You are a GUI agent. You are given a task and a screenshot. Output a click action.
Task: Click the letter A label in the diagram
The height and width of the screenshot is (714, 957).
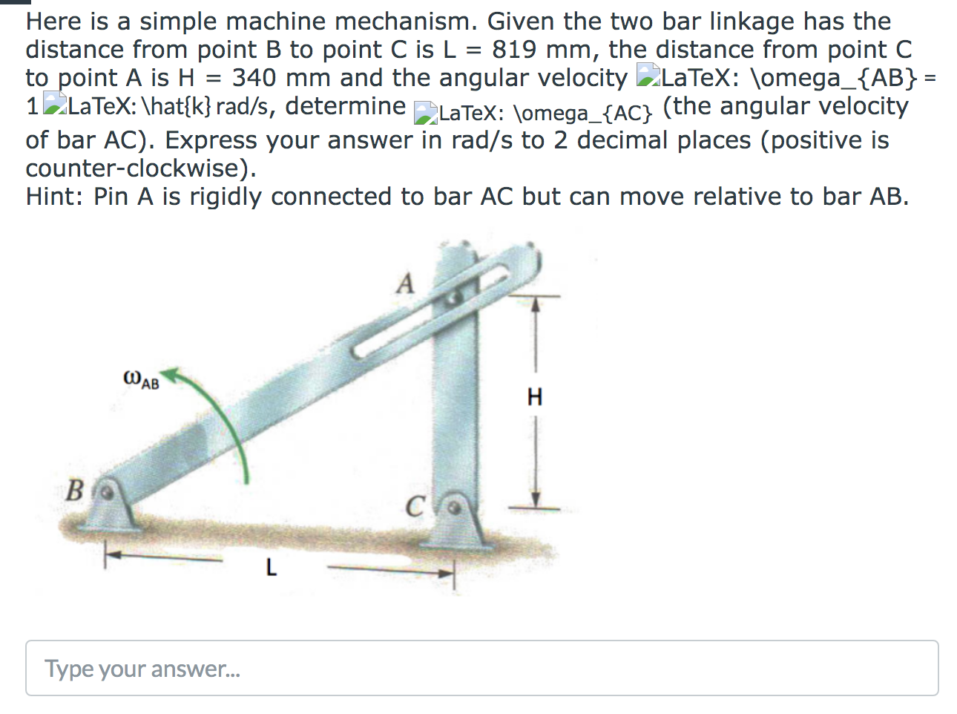[404, 283]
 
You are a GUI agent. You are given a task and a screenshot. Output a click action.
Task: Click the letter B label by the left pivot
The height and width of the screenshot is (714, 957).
[75, 491]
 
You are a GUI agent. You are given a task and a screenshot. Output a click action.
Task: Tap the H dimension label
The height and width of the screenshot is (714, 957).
[534, 397]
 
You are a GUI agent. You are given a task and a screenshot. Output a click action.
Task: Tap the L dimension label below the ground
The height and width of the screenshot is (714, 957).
[271, 569]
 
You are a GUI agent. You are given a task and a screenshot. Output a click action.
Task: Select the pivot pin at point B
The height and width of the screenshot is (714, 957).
[108, 491]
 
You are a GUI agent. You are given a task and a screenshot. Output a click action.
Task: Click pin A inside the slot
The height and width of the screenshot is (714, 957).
[455, 297]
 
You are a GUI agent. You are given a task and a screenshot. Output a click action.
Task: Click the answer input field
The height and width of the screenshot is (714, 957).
[481, 668]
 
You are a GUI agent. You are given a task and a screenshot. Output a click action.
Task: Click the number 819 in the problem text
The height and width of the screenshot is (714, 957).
[514, 50]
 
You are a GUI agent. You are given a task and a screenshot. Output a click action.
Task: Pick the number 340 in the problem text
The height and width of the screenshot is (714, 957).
[254, 78]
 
